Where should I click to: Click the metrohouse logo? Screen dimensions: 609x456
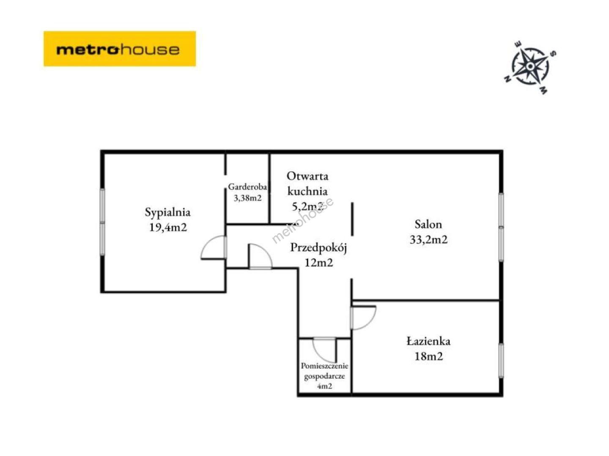pos(120,49)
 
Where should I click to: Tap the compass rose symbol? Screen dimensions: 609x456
pos(529,67)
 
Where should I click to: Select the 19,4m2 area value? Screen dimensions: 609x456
pos(168,228)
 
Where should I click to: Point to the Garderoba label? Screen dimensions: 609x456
pos(247,187)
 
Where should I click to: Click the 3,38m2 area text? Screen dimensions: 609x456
pos(247,198)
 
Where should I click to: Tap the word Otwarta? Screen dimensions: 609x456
pos(307,176)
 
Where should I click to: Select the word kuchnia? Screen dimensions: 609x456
pos(307,191)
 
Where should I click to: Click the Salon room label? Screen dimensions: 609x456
pos(428,224)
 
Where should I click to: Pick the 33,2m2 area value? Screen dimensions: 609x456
pos(429,239)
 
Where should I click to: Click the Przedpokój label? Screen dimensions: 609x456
pos(318,248)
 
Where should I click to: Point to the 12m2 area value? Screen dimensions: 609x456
pos(318,263)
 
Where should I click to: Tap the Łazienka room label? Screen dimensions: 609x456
pos(428,342)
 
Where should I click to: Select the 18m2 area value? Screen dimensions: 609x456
pos(429,356)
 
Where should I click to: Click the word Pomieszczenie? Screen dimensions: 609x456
pos(324,366)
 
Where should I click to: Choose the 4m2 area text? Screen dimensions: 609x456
pos(324,386)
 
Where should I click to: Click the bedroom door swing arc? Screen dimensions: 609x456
pos(207,243)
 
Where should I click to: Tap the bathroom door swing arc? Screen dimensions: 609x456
pos(369,323)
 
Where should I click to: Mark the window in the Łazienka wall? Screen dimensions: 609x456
pos(501,361)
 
